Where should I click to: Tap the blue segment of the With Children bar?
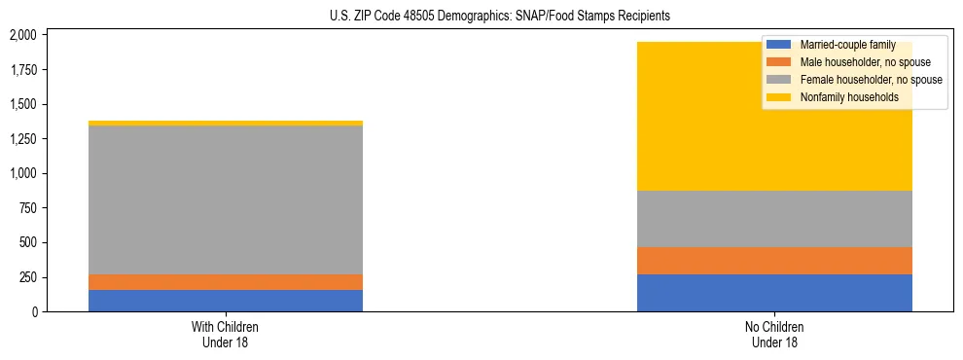226,301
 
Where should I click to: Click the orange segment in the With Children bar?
226,282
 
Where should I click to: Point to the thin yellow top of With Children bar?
226,124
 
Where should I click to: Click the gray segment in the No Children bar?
774,219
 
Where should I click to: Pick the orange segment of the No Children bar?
774,261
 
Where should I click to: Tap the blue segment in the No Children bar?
774,293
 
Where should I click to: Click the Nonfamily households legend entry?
848,97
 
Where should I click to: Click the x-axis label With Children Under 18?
226,334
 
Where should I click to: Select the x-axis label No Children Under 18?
774,334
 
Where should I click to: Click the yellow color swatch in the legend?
779,97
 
